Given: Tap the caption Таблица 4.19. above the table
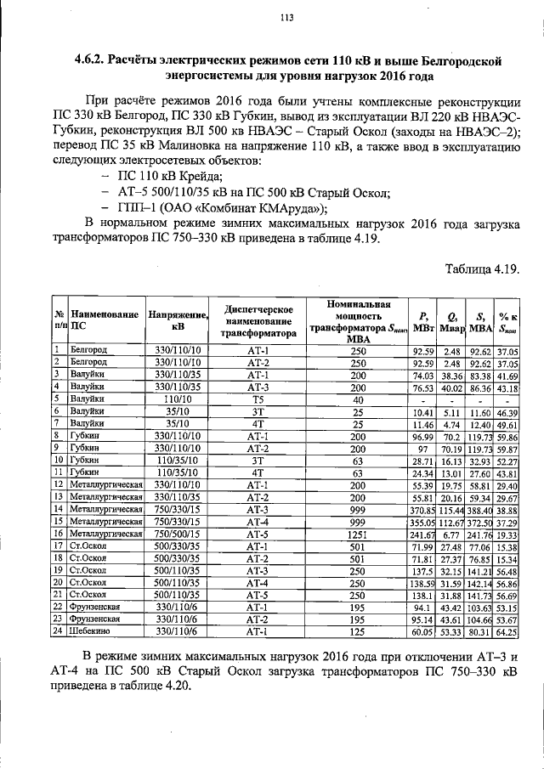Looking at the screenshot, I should click(482, 269).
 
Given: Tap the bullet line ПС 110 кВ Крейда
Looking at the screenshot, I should click(167, 177).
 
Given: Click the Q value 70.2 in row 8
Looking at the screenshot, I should click(450, 434).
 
